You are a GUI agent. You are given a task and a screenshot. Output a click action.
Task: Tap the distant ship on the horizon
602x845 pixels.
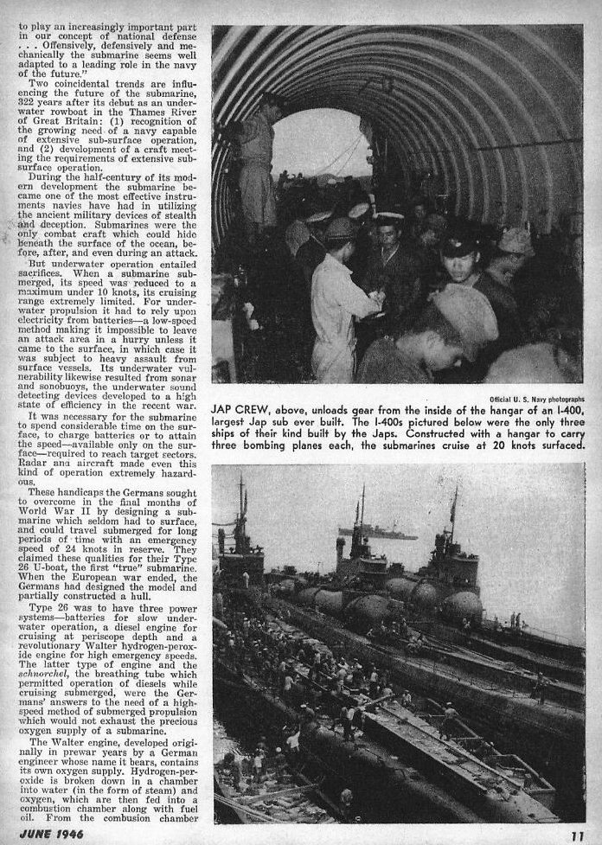point(376,533)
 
